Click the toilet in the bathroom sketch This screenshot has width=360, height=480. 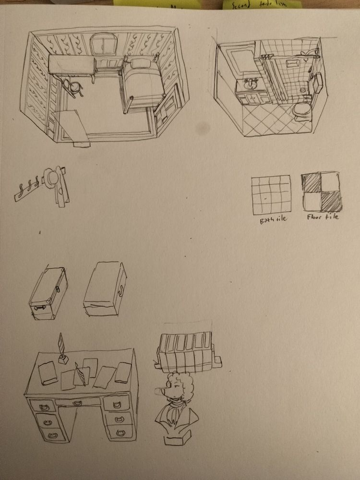[x=302, y=111]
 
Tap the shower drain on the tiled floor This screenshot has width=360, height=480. [x=302, y=89]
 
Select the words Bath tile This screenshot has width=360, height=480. [x=272, y=221]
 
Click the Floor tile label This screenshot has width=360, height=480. [x=323, y=217]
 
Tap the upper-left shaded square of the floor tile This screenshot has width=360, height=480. [x=312, y=184]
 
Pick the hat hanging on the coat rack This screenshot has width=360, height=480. [x=51, y=177]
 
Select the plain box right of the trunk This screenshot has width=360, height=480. [x=106, y=289]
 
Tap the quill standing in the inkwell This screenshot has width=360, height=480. [x=61, y=345]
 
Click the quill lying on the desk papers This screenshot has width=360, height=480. [x=84, y=374]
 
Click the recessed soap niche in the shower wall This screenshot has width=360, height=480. [x=291, y=63]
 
